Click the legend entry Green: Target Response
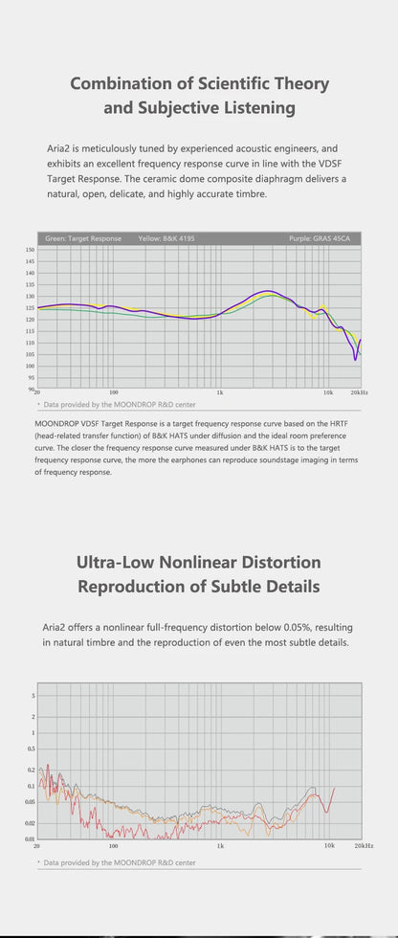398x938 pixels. tap(83, 238)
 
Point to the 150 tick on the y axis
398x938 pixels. tap(30, 250)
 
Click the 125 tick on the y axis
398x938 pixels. tap(30, 307)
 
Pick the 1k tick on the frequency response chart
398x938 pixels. tap(220, 393)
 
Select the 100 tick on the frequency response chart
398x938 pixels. tap(114, 393)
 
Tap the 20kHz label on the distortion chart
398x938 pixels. tap(364, 847)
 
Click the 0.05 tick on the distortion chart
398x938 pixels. tap(29, 802)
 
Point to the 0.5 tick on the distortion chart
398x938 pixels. tap(31, 748)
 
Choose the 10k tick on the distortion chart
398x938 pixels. tap(329, 847)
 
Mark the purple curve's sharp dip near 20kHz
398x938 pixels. tap(356, 359)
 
